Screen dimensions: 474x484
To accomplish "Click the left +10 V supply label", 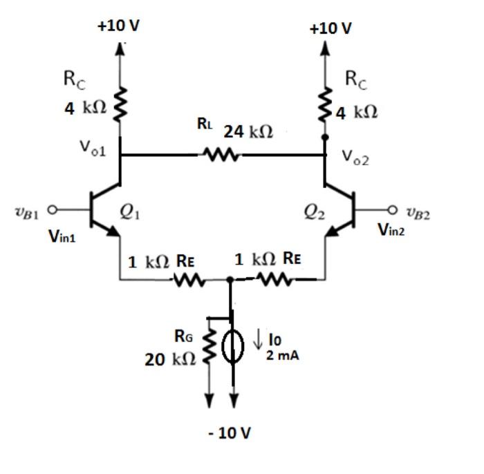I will [118, 26].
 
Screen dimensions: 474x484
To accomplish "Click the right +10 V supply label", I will [331, 28].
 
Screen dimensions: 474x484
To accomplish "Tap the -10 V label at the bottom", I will [230, 433].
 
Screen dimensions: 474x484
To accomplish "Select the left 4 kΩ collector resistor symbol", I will [122, 104].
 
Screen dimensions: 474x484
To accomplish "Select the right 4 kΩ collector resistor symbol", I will [326, 104].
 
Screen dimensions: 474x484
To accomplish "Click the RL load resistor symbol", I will [221, 155].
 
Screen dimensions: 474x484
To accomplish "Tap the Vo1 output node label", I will [92, 148].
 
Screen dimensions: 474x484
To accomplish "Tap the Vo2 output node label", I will [355, 158].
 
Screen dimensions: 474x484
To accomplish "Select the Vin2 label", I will [391, 230].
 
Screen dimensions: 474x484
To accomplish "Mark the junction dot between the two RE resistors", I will [230, 280].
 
